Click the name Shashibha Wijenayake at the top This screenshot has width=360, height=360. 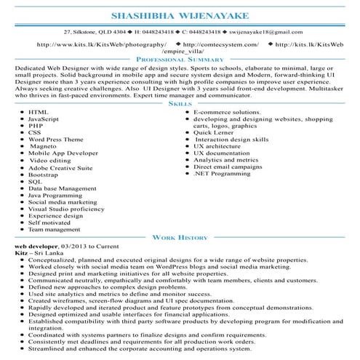point(180,16)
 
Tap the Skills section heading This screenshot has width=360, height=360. point(180,105)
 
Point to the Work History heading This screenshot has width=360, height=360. point(180,237)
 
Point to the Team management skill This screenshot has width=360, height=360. point(55,229)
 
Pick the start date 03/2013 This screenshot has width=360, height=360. point(76,247)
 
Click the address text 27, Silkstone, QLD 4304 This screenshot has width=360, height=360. point(95,32)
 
